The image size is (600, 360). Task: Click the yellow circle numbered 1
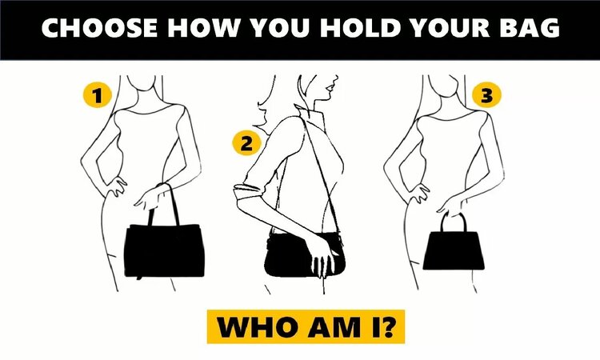[97, 97]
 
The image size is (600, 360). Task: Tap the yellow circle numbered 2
[246, 144]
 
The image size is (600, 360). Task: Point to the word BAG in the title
[529, 29]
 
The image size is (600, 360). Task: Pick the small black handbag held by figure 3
[455, 249]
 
